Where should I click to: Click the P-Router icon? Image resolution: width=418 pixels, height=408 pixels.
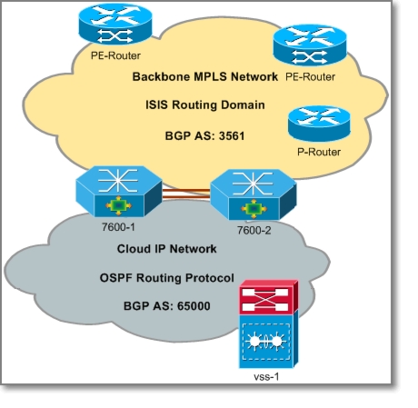[x=319, y=124]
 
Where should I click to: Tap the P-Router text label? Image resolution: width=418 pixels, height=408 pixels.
[x=319, y=152]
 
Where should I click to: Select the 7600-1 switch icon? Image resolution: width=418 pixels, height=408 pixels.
[x=119, y=191]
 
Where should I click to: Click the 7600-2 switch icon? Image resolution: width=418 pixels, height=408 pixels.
[x=254, y=194]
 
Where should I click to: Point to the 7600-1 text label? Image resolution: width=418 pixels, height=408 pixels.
[x=118, y=227]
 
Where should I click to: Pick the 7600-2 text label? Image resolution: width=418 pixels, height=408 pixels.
[x=254, y=231]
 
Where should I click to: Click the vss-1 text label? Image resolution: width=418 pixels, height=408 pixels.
[x=266, y=376]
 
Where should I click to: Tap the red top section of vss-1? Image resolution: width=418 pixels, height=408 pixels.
[x=269, y=297]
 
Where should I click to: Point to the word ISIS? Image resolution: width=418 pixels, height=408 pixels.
[x=157, y=104]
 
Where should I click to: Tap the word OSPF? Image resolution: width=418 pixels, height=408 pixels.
[x=116, y=278]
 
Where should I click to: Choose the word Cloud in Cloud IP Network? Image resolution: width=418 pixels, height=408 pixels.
[x=132, y=249]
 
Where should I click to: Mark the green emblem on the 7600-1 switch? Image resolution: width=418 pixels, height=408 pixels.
[x=118, y=205]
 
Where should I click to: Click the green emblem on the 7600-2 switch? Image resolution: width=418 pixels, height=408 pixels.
[x=254, y=209]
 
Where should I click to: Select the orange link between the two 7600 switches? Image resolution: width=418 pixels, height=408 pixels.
[x=186, y=194]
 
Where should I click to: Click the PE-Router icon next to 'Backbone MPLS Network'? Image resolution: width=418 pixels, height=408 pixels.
[x=310, y=45]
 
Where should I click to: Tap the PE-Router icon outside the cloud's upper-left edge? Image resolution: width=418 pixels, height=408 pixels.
[x=115, y=25]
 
